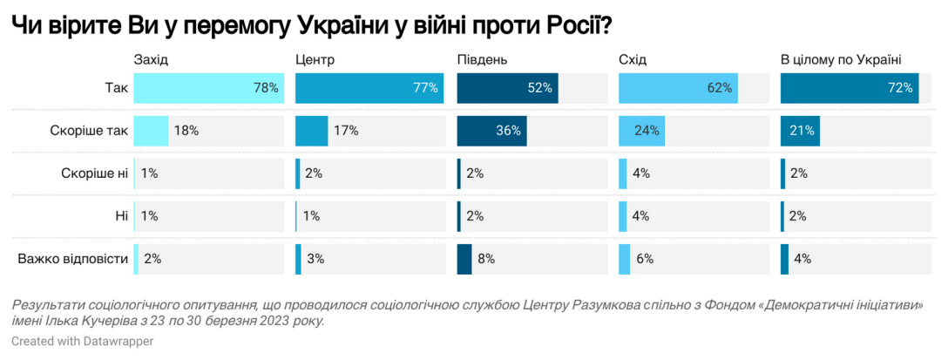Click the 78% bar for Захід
tap(209, 88)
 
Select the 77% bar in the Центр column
tap(368, 88)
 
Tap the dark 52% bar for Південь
tap(507, 88)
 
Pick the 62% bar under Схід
tap(678, 88)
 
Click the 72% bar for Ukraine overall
tap(850, 88)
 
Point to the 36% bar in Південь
tap(491, 131)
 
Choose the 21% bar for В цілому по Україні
tap(800, 131)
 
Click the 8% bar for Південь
tap(464, 259)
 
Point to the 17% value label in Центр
tap(346, 131)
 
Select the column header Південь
tap(483, 60)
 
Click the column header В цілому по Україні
tap(840, 60)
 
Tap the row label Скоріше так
tap(89, 131)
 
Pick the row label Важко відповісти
tap(73, 259)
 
